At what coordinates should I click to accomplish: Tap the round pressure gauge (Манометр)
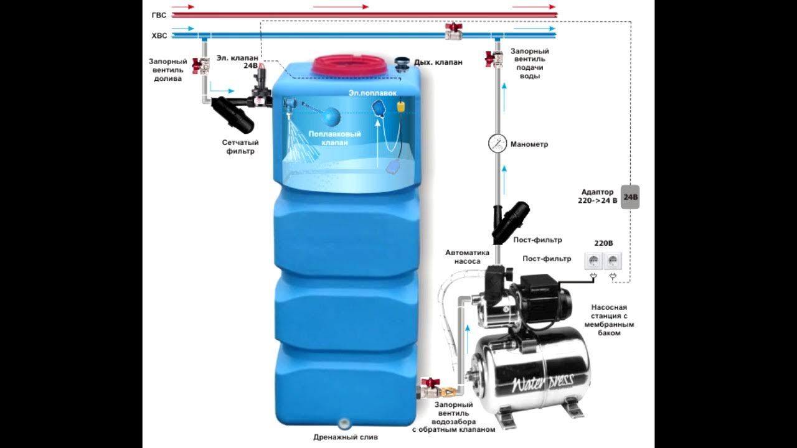point(498,143)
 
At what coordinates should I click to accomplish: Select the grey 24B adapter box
point(630,197)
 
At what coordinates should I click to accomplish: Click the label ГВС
point(159,14)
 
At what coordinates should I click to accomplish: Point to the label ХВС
point(159,36)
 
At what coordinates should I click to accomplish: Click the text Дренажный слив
point(345,437)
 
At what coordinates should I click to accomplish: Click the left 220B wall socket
point(593,261)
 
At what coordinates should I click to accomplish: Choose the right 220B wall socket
point(613,261)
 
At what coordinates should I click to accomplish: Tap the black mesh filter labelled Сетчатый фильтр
point(233,114)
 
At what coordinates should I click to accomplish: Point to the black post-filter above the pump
point(512,222)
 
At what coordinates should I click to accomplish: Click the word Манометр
point(529,144)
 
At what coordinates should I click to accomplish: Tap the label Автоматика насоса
point(467,257)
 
